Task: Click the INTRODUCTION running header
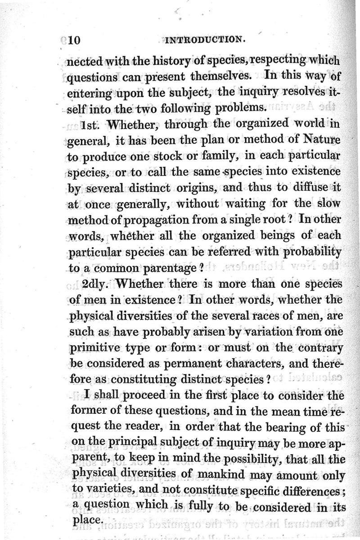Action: coord(205,40)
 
